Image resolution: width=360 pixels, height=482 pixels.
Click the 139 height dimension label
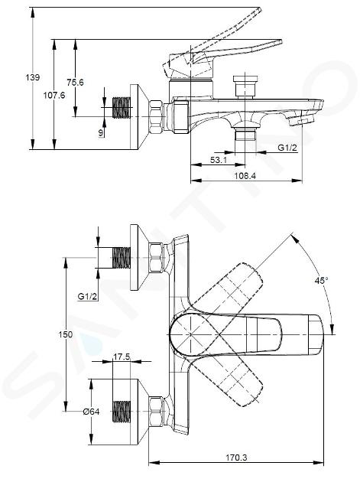click(32, 77)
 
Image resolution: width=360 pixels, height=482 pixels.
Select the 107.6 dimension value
click(54, 96)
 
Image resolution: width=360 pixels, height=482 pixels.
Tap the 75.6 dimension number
click(75, 82)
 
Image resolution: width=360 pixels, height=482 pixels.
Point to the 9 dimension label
click(101, 133)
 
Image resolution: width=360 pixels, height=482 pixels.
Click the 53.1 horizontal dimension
click(219, 160)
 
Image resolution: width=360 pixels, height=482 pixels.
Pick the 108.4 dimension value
click(245, 176)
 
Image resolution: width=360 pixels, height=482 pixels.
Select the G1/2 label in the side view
click(287, 148)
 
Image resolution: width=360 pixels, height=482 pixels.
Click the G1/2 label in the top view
click(88, 296)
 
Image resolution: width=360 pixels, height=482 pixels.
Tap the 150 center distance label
click(66, 334)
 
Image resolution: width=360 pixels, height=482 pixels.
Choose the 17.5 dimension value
click(122, 357)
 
